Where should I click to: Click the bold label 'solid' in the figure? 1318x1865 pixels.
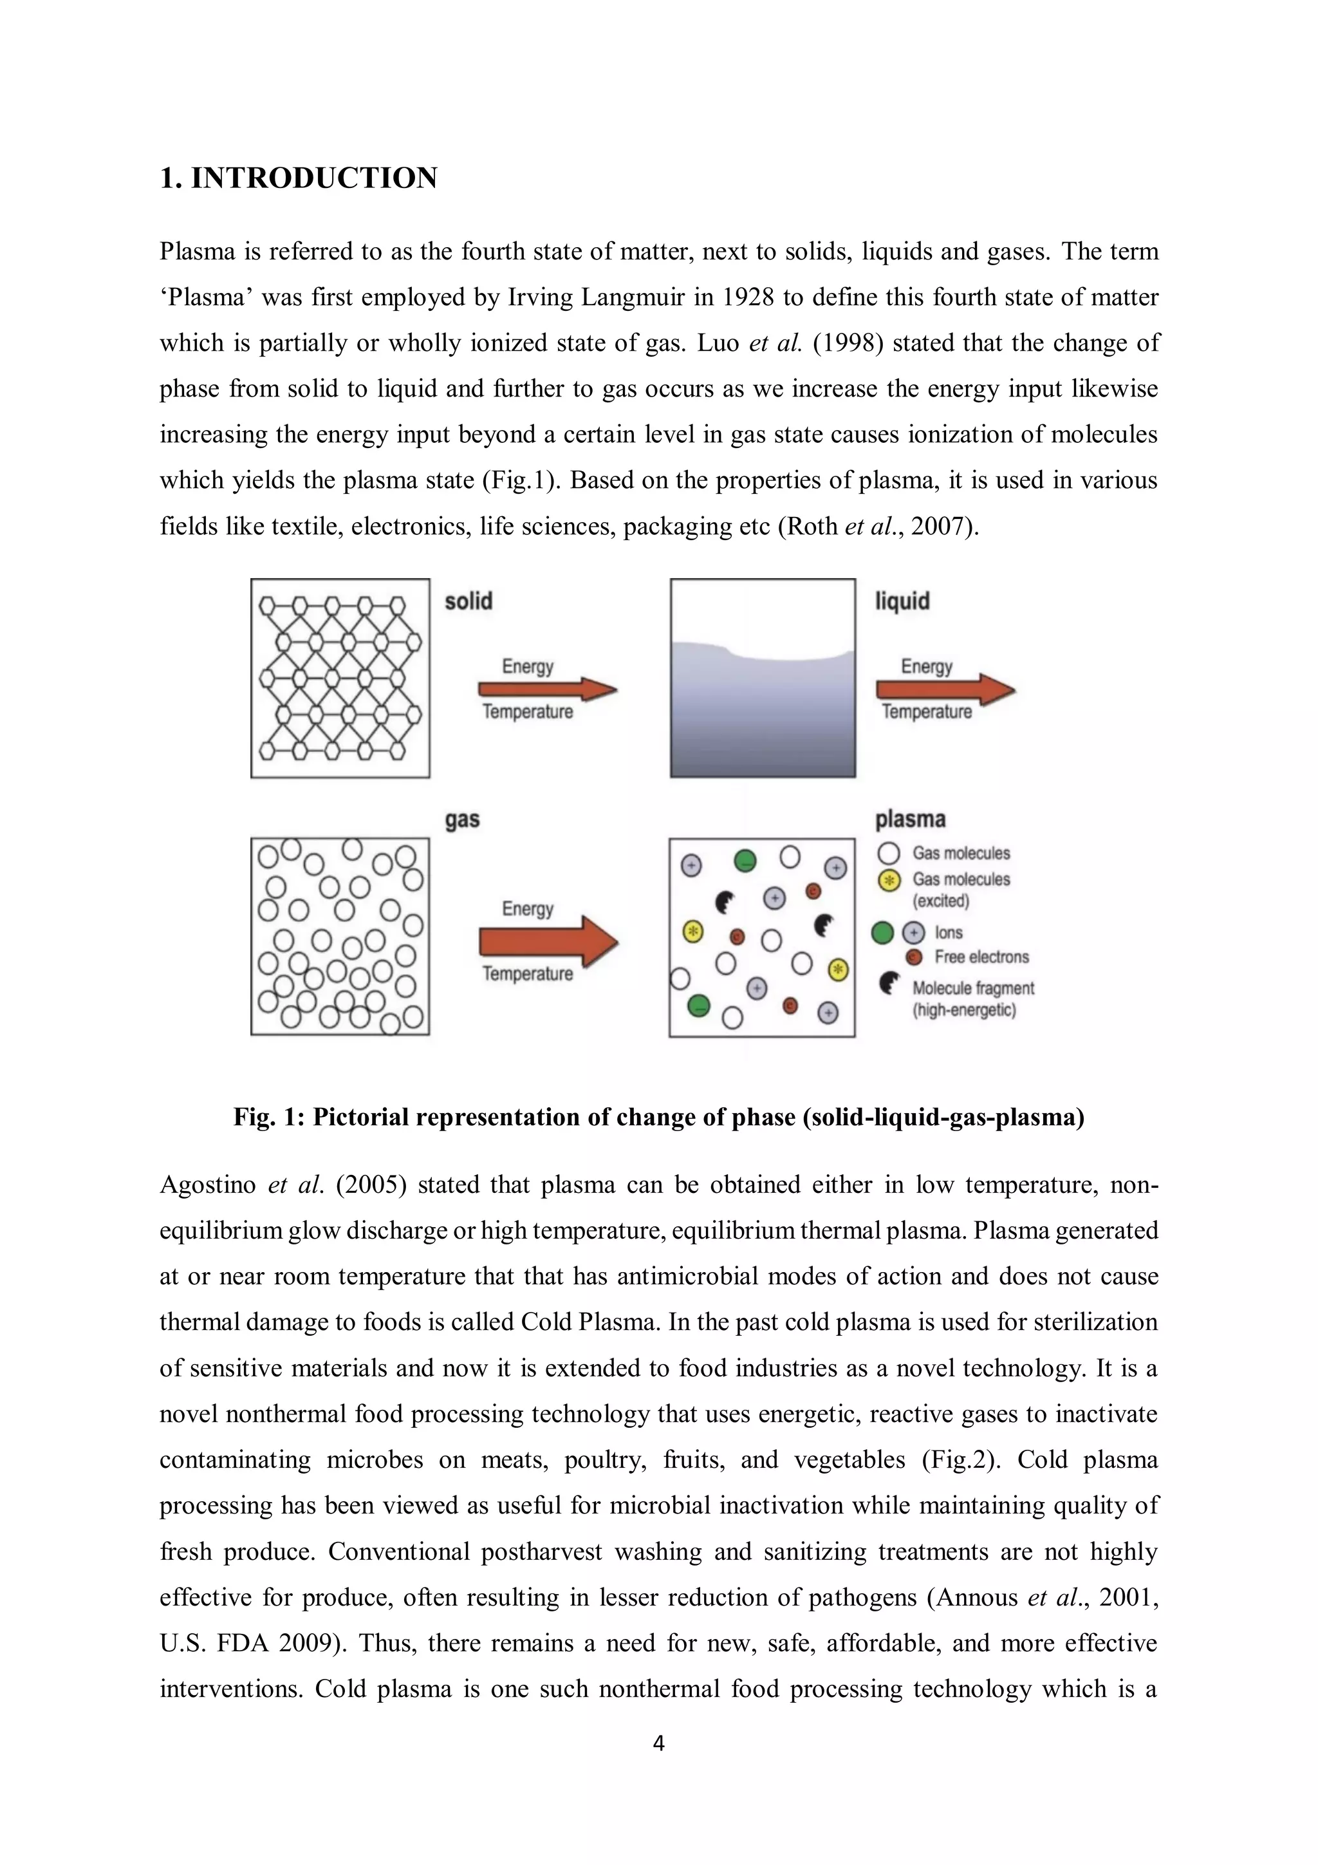[x=469, y=601]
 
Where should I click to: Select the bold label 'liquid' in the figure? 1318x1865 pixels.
[x=902, y=601]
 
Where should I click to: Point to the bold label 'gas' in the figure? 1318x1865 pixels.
[x=462, y=820]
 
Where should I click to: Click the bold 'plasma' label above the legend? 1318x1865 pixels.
[x=909, y=820]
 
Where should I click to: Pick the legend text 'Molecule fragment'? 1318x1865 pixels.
[x=973, y=988]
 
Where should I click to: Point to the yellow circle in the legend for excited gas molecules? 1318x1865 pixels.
[x=889, y=879]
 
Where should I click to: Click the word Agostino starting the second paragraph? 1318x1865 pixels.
[x=207, y=1185]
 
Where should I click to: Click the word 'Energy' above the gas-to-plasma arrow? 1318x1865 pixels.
[x=527, y=908]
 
